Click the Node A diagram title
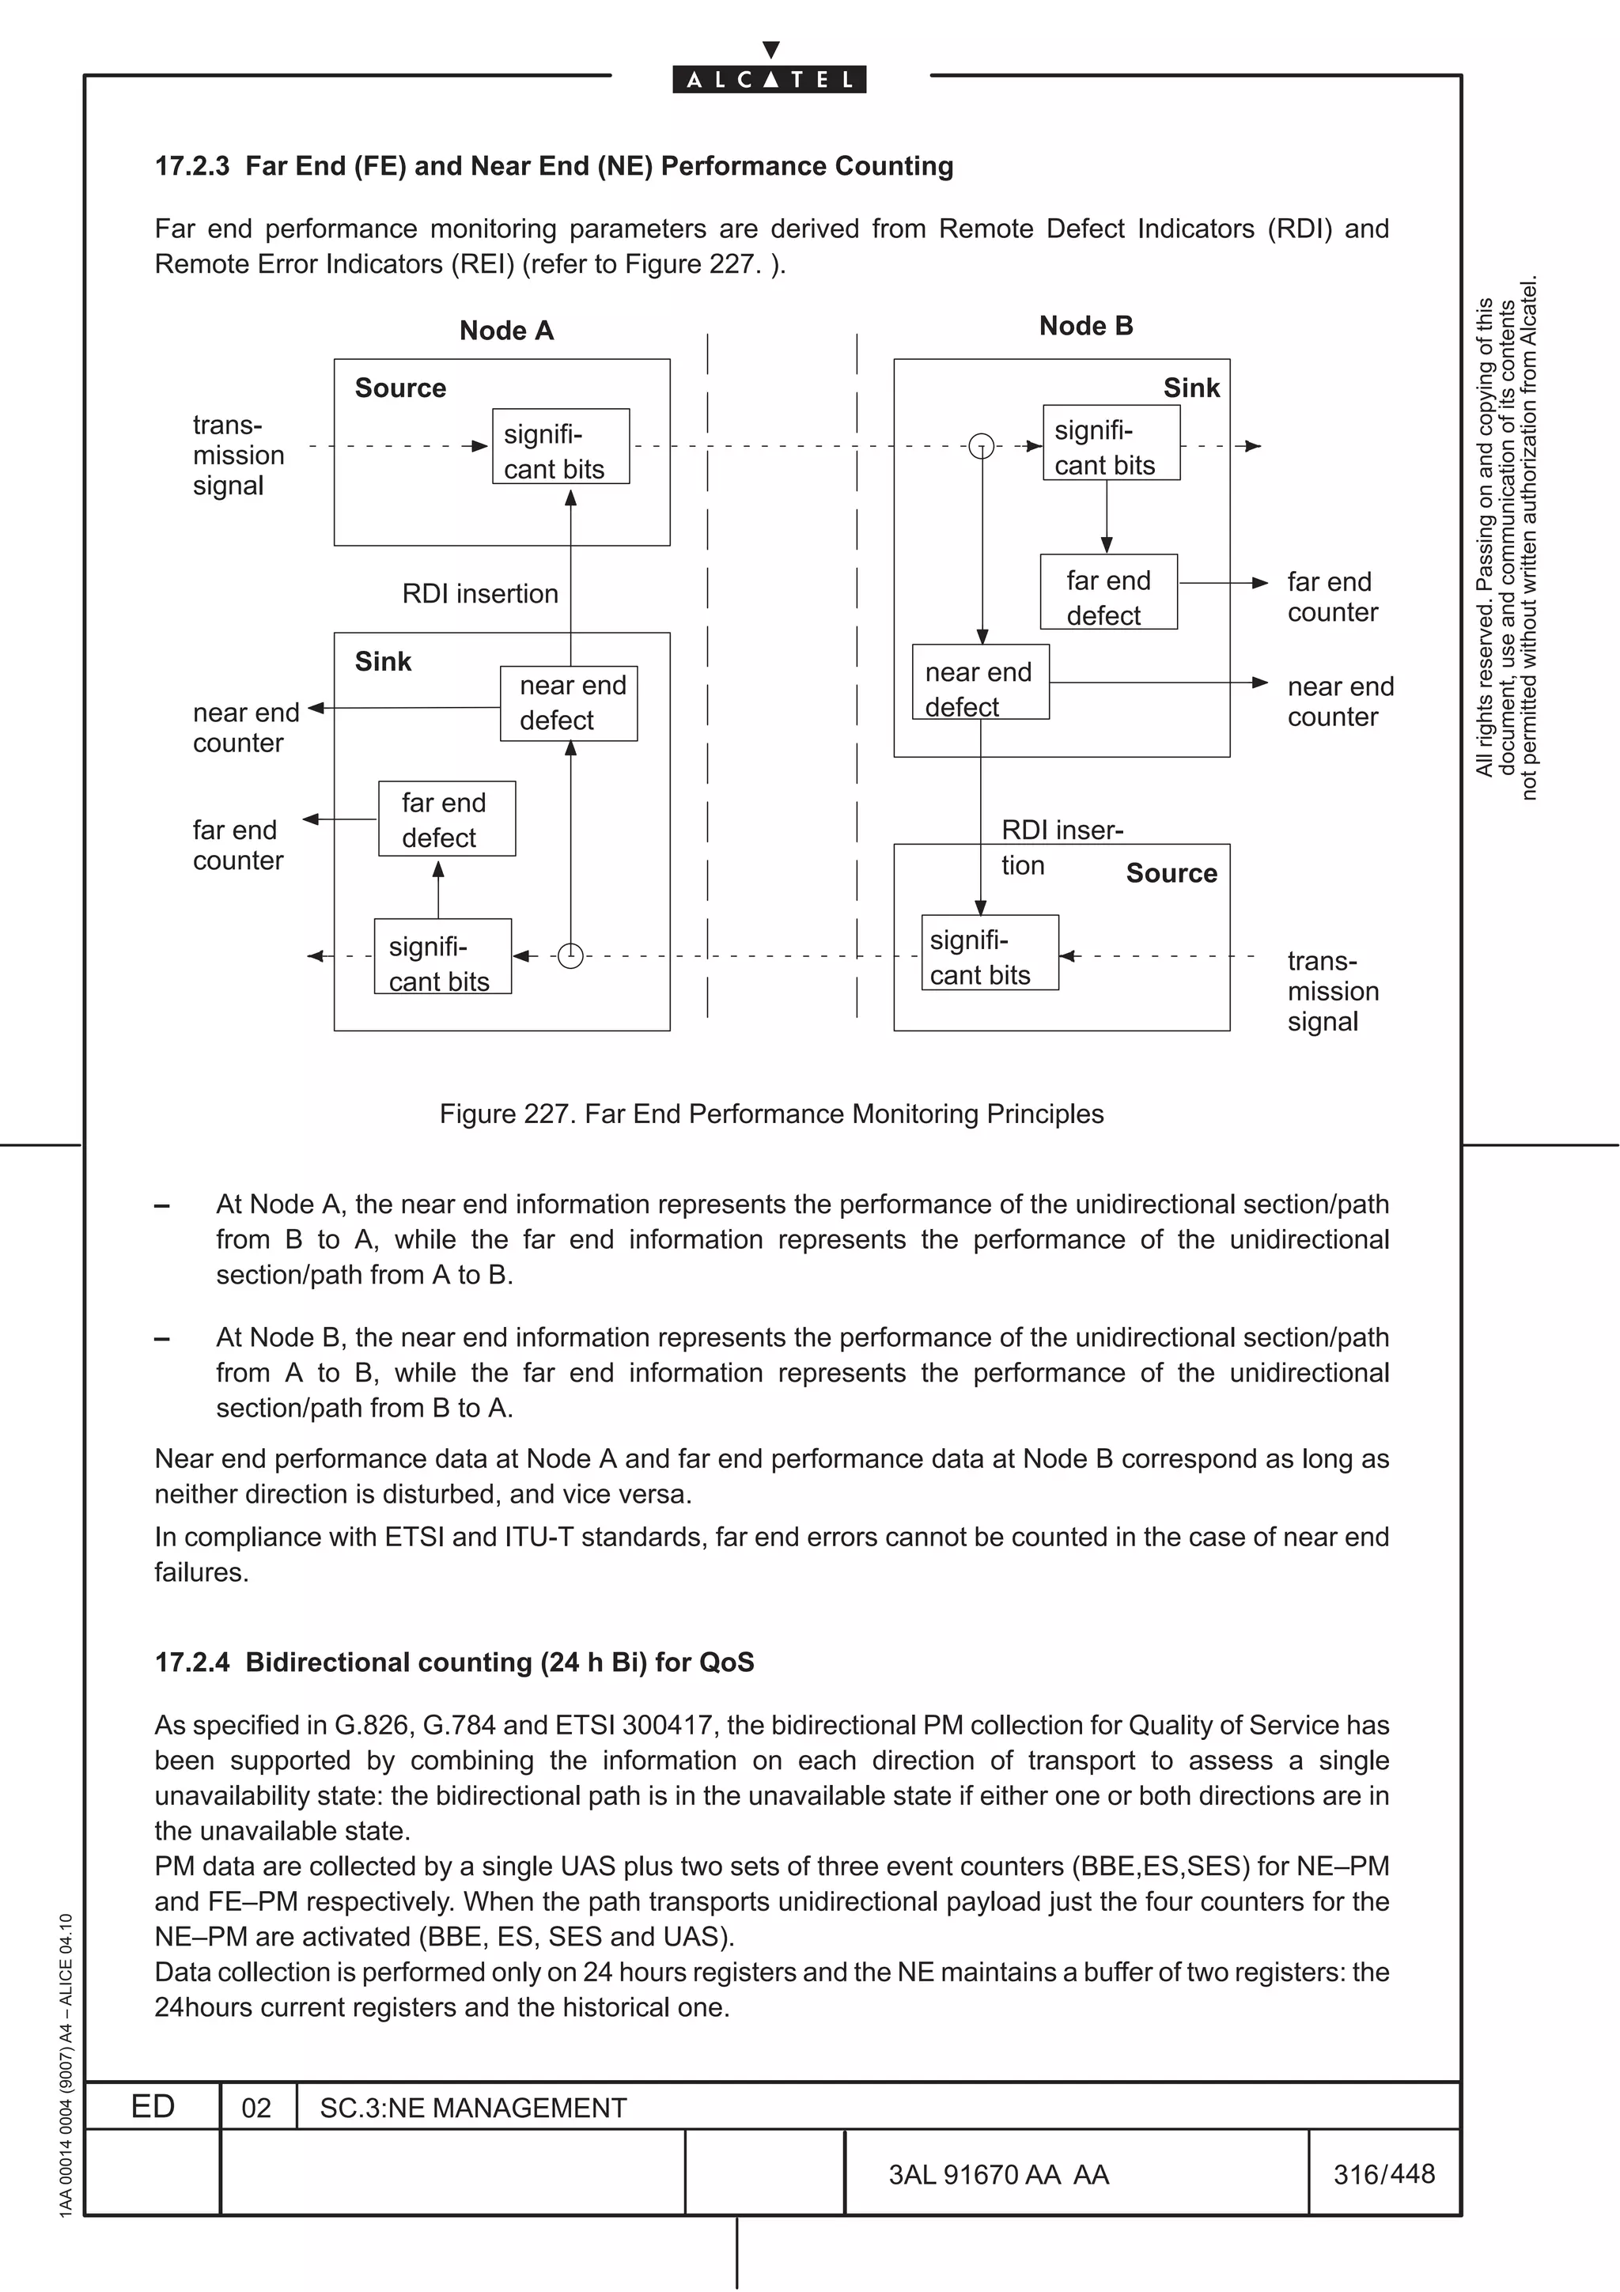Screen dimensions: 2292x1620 tap(506, 331)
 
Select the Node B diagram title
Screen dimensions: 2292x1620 tap(1085, 327)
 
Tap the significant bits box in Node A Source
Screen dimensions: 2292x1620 tap(560, 446)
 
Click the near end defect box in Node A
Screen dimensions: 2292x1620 tap(568, 704)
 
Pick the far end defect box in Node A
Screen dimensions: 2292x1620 tap(446, 819)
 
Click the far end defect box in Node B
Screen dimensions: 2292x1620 tap(1108, 592)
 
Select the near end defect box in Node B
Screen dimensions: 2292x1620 tap(980, 683)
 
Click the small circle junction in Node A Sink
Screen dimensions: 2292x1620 tap(570, 955)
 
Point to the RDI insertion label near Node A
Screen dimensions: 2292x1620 tap(479, 594)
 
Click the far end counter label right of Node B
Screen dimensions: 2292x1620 tap(1331, 597)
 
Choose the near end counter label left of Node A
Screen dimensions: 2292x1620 tap(244, 728)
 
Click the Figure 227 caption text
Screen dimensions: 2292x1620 tap(770, 1114)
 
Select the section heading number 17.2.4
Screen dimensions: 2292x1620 tap(191, 1662)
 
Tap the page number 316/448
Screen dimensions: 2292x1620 tap(1383, 2174)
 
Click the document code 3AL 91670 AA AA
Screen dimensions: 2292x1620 tap(998, 2175)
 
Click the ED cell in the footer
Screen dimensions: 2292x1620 tap(153, 2106)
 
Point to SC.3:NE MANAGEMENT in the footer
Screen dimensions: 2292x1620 tap(472, 2109)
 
